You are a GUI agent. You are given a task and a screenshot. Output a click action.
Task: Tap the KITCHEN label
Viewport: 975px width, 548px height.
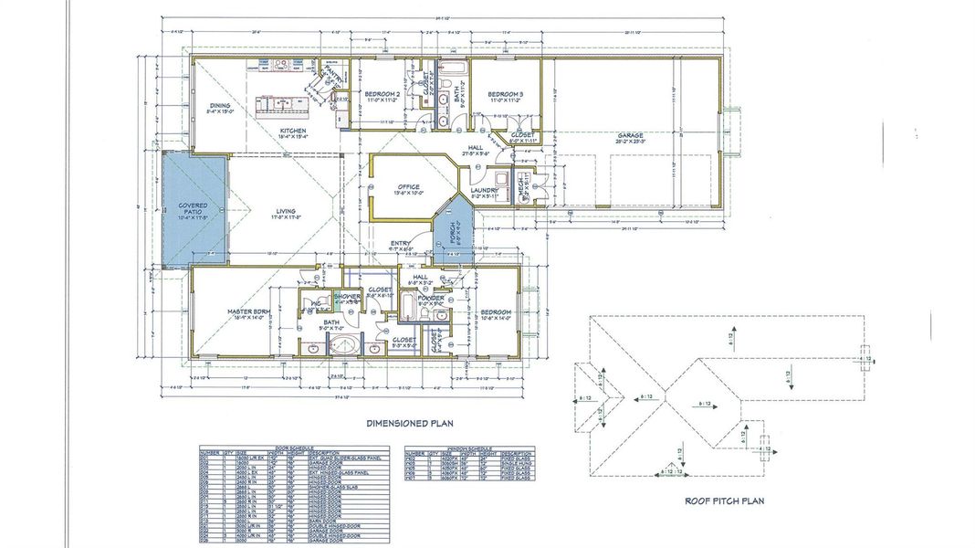tap(292, 132)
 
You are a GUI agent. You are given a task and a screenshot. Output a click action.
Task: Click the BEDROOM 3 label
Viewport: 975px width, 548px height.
tap(504, 94)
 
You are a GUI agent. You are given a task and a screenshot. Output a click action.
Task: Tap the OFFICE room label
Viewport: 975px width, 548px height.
tap(408, 186)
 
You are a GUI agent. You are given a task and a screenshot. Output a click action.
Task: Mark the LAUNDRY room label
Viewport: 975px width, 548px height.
tap(483, 191)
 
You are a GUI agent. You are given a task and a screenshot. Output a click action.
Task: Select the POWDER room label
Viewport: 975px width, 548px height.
tap(431, 299)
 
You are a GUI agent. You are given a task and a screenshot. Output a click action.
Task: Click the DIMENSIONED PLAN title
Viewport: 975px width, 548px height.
tap(409, 424)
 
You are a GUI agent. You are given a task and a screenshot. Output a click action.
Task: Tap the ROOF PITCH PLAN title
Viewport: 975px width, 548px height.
tap(724, 501)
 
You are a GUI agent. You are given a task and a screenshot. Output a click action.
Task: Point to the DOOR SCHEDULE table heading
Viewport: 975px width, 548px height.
tap(295, 448)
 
